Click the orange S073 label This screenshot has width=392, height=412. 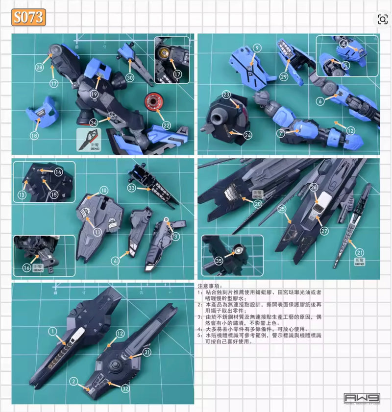(29, 18)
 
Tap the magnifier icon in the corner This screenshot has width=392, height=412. (382, 19)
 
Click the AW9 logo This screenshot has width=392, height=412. (362, 398)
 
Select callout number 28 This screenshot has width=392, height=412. (39, 67)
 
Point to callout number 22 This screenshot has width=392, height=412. (168, 125)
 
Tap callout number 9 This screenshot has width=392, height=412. (258, 48)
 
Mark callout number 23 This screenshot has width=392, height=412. (226, 95)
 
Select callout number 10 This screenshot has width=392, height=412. (104, 190)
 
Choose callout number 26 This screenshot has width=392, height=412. (314, 187)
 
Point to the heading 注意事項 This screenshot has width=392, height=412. (210, 286)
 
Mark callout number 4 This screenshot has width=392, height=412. (116, 261)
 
